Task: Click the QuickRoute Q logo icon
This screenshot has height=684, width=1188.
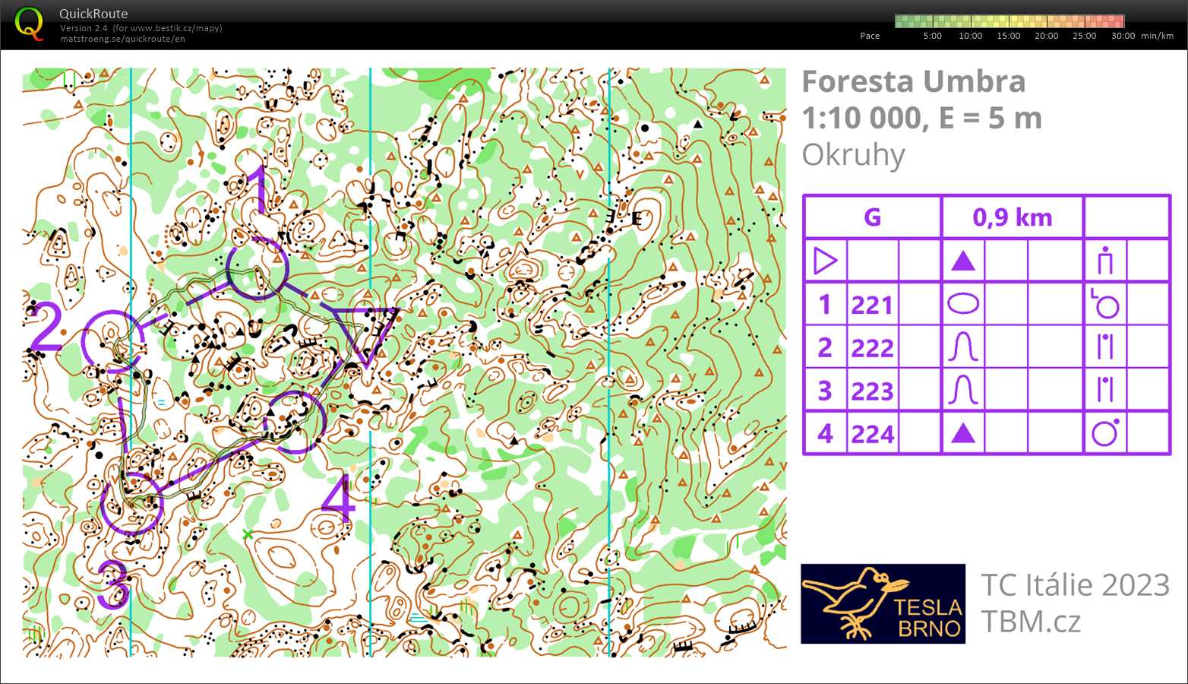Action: click(29, 24)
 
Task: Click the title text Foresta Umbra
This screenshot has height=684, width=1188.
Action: click(913, 81)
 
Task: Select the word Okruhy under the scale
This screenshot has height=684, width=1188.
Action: click(853, 154)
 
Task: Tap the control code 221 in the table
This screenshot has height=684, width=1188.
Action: click(872, 305)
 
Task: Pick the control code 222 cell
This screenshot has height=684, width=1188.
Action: click(872, 348)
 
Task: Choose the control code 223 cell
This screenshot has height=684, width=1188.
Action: click(872, 391)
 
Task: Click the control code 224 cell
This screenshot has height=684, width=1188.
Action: click(872, 434)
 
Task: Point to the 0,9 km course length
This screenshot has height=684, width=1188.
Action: click(1012, 217)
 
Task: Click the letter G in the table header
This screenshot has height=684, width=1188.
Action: click(872, 217)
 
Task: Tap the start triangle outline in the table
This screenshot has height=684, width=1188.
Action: click(824, 261)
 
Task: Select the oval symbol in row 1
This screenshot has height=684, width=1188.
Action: click(963, 305)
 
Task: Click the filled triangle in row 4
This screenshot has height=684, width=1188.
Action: click(963, 433)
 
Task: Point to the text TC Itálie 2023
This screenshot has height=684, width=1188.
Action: click(1075, 585)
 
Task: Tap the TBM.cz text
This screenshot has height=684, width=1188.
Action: click(1030, 622)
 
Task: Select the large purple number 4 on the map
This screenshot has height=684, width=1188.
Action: click(337, 499)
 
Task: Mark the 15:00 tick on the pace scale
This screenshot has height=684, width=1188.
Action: click(1008, 36)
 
